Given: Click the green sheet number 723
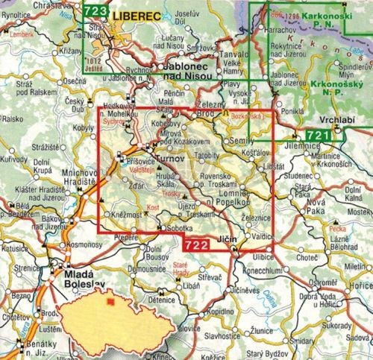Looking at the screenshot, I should pyautogui.click(x=95, y=10).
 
